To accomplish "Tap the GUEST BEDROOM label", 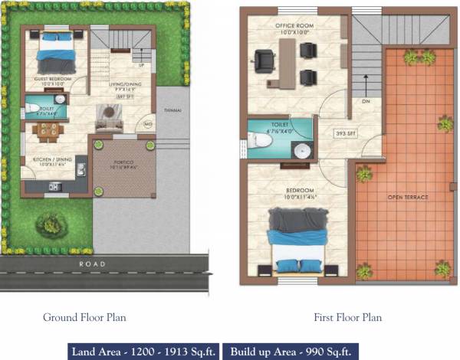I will [52, 80].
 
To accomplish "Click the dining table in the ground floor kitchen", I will [48, 131].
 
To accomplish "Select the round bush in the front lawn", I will [51, 224].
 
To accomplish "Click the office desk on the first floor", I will [288, 63].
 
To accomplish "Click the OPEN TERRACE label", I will [407, 198].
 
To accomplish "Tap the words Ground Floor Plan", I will [84, 317].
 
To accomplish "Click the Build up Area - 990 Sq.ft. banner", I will [291, 351].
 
